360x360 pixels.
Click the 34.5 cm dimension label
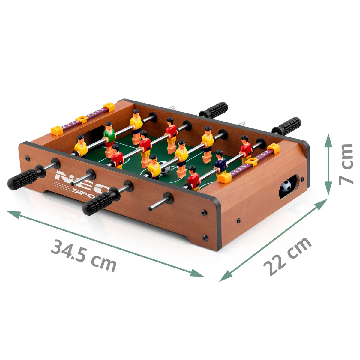83,255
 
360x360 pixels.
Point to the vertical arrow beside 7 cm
329,164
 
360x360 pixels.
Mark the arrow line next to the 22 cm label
273,240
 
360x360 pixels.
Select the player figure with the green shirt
109,136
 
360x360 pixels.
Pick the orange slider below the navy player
225,178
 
